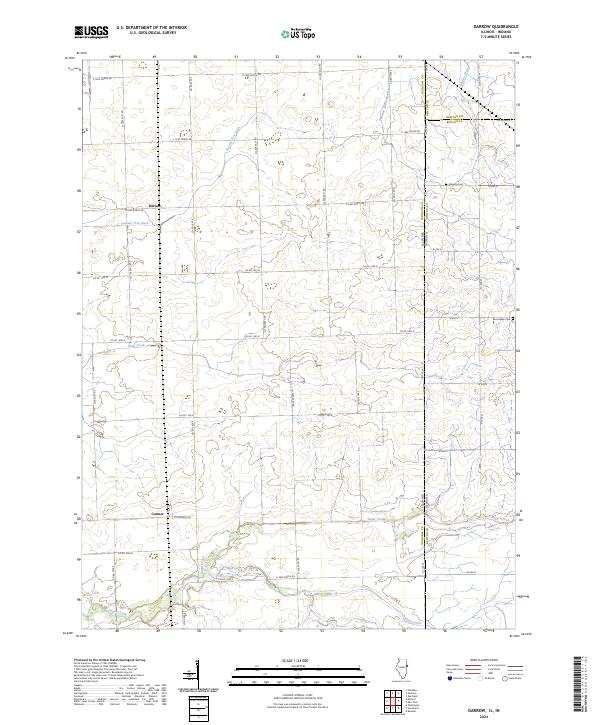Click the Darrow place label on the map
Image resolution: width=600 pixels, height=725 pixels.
[154, 206]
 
